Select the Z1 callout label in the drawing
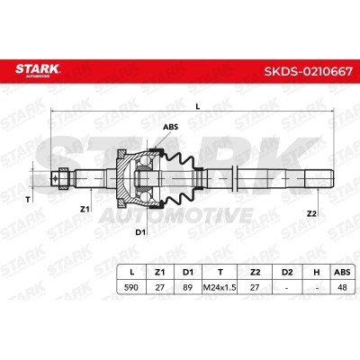pyautogui.click(x=85, y=209)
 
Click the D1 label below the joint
pyautogui.click(x=140, y=232)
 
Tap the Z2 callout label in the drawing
pyautogui.click(x=311, y=213)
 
